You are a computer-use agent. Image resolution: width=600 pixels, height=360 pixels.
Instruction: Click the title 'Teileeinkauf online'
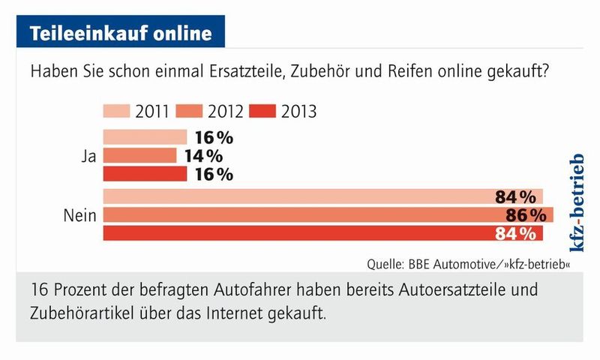point(119,34)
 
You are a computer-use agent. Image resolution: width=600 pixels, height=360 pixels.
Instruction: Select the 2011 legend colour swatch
point(117,112)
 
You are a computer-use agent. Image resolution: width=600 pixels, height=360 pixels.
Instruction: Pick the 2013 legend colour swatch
point(262,112)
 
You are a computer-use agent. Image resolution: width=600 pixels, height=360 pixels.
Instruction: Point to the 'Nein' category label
point(78,216)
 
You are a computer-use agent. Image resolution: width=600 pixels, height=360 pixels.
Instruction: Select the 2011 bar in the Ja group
point(145,137)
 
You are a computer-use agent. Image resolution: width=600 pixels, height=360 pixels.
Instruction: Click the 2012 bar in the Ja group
point(139,156)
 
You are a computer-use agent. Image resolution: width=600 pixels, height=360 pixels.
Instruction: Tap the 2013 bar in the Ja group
point(145,174)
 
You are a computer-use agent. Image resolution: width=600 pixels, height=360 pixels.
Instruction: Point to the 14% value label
point(202,156)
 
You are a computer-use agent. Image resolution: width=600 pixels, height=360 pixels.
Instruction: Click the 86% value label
point(524,216)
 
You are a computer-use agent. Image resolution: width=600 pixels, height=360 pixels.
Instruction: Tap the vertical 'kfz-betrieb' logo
point(576,202)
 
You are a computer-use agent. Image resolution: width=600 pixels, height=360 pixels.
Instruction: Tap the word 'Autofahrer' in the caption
point(217,289)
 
